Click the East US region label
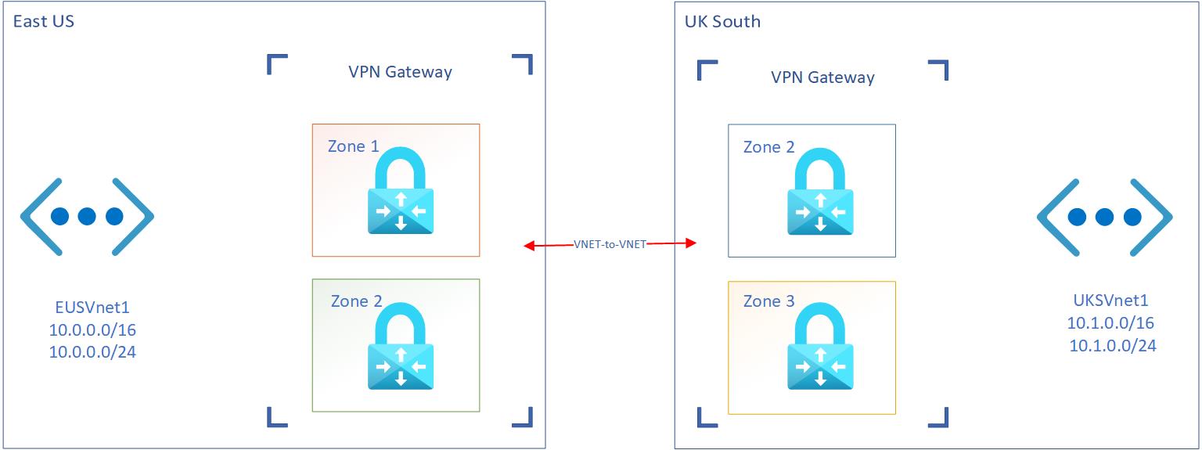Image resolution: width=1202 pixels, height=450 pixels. click(x=44, y=21)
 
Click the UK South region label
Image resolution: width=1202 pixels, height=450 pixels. click(x=722, y=21)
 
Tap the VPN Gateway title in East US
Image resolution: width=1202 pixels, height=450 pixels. click(x=400, y=72)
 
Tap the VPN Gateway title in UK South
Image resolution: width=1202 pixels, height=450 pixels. click(x=822, y=77)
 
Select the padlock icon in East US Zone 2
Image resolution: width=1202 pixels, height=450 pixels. click(x=401, y=346)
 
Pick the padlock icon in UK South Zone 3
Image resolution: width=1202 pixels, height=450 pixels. click(x=820, y=346)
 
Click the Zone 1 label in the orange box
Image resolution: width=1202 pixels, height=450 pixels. click(x=353, y=146)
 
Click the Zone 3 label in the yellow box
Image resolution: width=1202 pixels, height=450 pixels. click(x=768, y=301)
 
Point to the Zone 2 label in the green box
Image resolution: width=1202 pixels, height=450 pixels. click(x=356, y=301)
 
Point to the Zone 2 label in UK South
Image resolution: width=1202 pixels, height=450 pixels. click(x=768, y=147)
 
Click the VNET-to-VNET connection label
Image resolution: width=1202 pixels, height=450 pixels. click(x=610, y=244)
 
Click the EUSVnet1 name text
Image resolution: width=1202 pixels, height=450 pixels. click(x=92, y=306)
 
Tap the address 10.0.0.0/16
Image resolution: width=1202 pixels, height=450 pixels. click(x=92, y=329)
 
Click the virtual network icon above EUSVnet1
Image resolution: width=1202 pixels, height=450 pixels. click(x=87, y=216)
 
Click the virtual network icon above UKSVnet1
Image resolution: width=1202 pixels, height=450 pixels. click(x=1104, y=216)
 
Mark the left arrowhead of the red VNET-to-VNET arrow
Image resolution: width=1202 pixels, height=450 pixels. click(x=529, y=247)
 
